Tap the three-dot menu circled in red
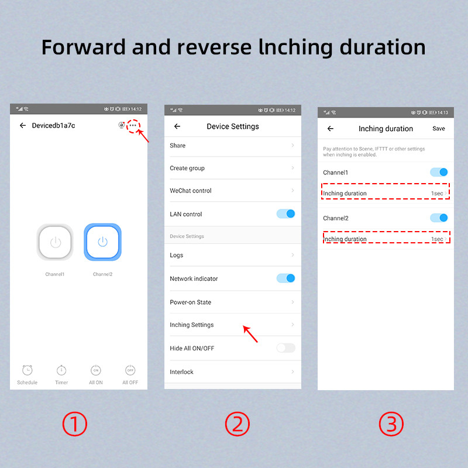133,125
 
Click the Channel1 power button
55,242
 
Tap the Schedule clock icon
27,370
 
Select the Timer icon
61,370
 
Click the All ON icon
96,370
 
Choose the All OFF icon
130,370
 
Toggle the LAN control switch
285,214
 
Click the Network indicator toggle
285,278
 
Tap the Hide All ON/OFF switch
285,347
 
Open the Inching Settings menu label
192,325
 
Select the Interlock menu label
181,372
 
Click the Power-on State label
191,302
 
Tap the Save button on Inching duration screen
438,129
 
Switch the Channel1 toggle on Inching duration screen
439,172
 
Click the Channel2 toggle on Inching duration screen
439,218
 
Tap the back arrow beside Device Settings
177,126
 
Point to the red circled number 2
238,424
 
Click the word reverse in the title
214,47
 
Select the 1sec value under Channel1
437,194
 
